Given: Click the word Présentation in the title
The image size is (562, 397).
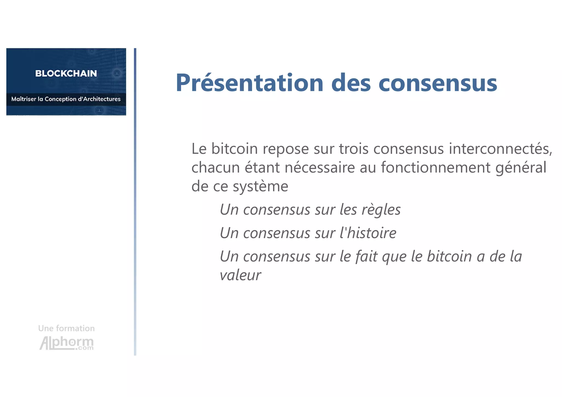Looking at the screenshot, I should pos(249,83).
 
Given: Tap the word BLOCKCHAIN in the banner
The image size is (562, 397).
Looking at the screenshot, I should pos(66,73).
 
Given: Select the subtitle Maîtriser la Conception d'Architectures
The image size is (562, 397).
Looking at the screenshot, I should pos(66,99).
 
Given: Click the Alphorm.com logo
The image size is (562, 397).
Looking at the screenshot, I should pos(67,343).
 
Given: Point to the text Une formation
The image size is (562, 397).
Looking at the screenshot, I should pos(66,328).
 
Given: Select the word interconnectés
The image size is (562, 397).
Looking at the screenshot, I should pos(500,149).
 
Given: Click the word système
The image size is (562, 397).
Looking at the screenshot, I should pos(260,187).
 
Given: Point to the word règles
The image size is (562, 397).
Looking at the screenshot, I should pos(381,210).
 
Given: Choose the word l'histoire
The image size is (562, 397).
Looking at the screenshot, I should pos(368,233).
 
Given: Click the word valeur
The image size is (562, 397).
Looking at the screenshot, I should pos(240,275).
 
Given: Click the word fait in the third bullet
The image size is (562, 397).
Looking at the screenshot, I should pos(366,257).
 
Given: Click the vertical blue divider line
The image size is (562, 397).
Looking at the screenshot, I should pos(135,202).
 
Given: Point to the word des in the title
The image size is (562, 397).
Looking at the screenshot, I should pos(351,83).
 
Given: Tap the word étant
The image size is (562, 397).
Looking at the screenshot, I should pos(262,168).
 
